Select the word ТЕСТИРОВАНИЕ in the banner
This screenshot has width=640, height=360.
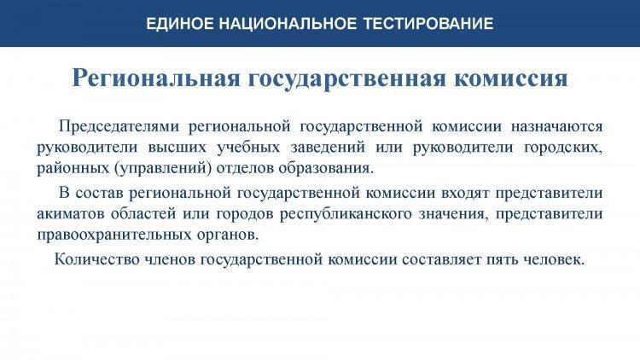pos(428,23)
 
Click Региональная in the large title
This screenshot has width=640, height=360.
pos(156,78)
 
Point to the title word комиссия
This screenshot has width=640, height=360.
pos(511,78)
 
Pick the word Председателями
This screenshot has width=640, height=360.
pos(119,125)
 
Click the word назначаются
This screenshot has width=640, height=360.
pos(556,126)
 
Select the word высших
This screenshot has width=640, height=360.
pos(177,148)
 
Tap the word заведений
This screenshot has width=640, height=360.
pos(328,148)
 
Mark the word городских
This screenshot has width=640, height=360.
pos(563,148)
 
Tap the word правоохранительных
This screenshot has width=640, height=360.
pos(114,235)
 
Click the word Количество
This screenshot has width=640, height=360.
pos(97,259)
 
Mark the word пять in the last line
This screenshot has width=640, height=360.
pos(500,260)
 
